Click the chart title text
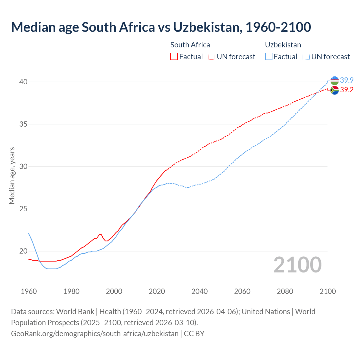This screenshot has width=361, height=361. pyautogui.click(x=161, y=27)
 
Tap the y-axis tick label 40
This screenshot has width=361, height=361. pyautogui.click(x=23, y=82)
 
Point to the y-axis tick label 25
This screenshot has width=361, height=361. pyautogui.click(x=23, y=209)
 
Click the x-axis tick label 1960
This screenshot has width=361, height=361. pyautogui.click(x=29, y=291)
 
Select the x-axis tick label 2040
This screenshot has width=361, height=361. pyautogui.click(x=199, y=291)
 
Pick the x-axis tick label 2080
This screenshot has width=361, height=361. pyautogui.click(x=285, y=291)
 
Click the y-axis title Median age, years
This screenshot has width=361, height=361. pyautogui.click(x=12, y=175)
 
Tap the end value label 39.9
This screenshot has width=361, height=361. pyautogui.click(x=347, y=80)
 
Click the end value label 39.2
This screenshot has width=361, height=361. pyautogui.click(x=347, y=90)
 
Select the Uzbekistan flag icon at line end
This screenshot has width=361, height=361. pyautogui.click(x=334, y=81)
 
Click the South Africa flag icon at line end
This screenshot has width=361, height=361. pyautogui.click(x=334, y=90)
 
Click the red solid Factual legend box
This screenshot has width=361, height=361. pyautogui.click(x=174, y=57)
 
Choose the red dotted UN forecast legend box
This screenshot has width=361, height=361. pyautogui.click(x=212, y=57)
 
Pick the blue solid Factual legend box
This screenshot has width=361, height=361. pyautogui.click(x=269, y=57)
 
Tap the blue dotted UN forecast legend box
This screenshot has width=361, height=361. pyautogui.click(x=306, y=57)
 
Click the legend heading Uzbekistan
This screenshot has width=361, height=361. pyautogui.click(x=283, y=45)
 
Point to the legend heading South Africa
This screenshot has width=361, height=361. pyautogui.click(x=190, y=45)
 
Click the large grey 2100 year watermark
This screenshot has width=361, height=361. pyautogui.click(x=297, y=265)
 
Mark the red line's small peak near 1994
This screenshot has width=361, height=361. pyautogui.click(x=101, y=234)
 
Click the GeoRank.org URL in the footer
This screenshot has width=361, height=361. pyautogui.click(x=95, y=334)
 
